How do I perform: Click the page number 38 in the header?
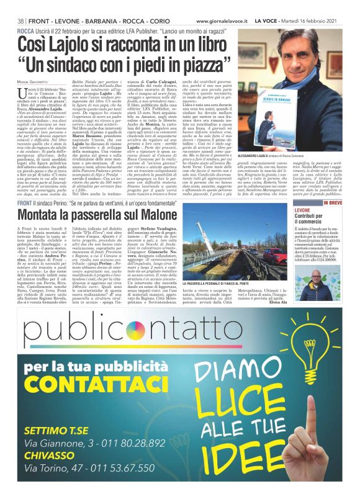coord(20,20)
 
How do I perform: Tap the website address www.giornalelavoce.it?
coord(222,20)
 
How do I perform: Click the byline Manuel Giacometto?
coord(40,83)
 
